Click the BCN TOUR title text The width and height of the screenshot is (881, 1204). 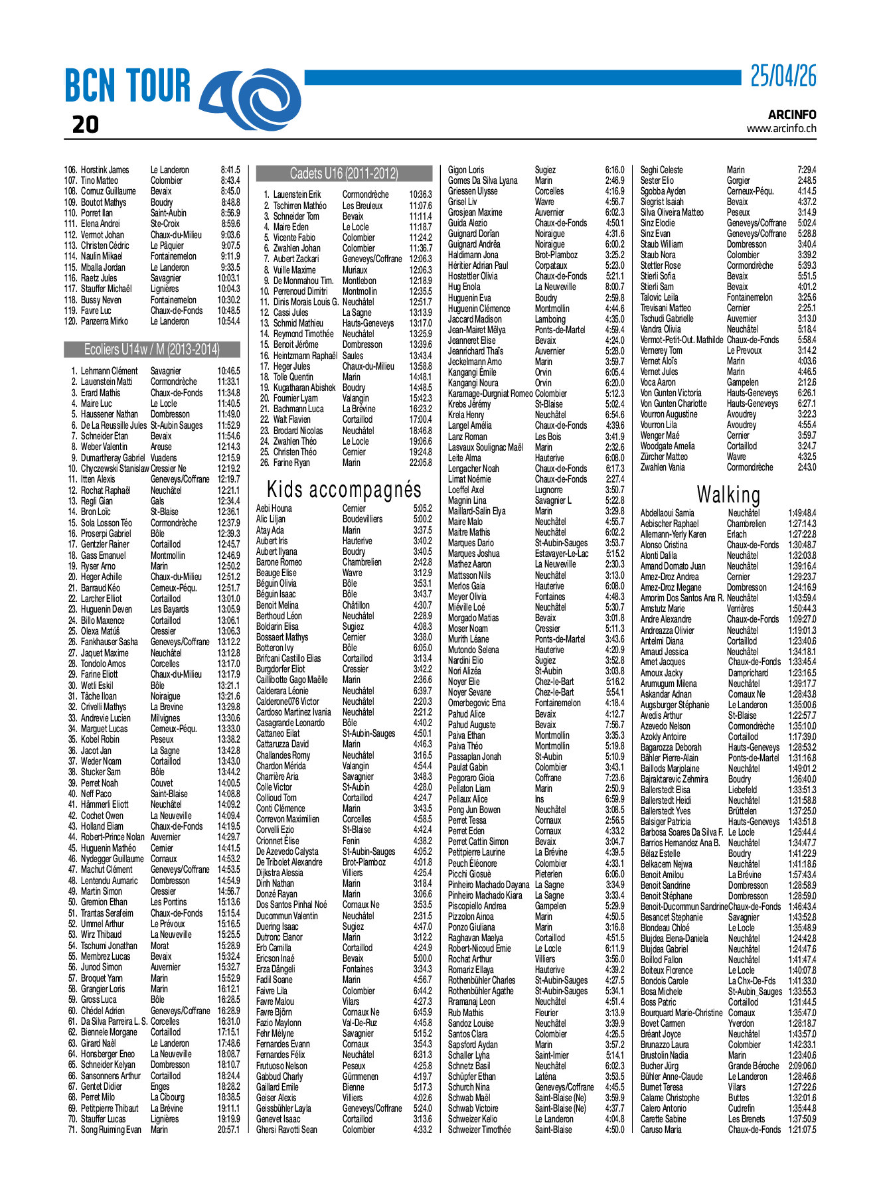[x=127, y=87]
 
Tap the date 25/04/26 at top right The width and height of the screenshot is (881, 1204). [x=783, y=77]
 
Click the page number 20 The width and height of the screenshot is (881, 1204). [x=85, y=125]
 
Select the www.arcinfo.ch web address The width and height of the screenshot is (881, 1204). [x=781, y=129]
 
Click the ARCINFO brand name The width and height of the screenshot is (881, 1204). [x=792, y=115]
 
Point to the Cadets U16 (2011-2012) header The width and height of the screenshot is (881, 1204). [x=344, y=174]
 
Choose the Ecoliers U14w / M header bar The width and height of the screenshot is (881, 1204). [x=152, y=350]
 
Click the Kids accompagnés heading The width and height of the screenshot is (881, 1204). [x=344, y=490]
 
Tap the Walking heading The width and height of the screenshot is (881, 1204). [x=728, y=494]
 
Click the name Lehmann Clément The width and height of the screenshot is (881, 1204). [x=110, y=371]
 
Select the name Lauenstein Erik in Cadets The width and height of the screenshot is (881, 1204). [x=297, y=194]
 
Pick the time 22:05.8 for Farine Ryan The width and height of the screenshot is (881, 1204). [x=420, y=463]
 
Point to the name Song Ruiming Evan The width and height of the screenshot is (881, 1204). [x=111, y=1130]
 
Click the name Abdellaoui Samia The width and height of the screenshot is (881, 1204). [x=667, y=513]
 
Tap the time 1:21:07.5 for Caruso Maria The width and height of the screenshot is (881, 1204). [x=802, y=1130]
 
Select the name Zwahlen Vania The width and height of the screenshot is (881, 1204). [x=662, y=467]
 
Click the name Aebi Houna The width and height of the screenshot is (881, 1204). [x=274, y=508]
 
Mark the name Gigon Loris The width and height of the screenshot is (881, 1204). [x=466, y=170]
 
